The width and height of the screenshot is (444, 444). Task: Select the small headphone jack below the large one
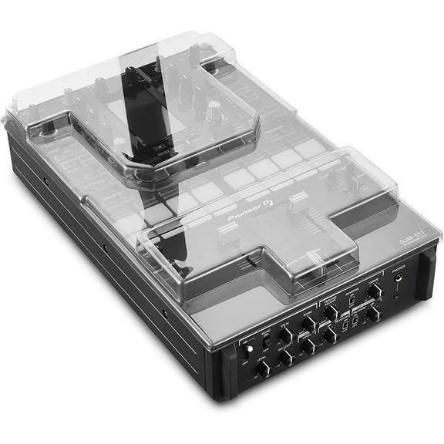point(398,296)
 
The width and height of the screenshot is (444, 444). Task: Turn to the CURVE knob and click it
point(373,292)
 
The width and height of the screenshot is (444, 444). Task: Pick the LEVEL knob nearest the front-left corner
point(264,368)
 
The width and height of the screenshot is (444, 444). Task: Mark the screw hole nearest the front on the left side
point(163,314)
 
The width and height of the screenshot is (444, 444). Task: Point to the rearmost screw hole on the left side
point(45,181)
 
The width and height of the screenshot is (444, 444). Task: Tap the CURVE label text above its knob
point(373,281)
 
